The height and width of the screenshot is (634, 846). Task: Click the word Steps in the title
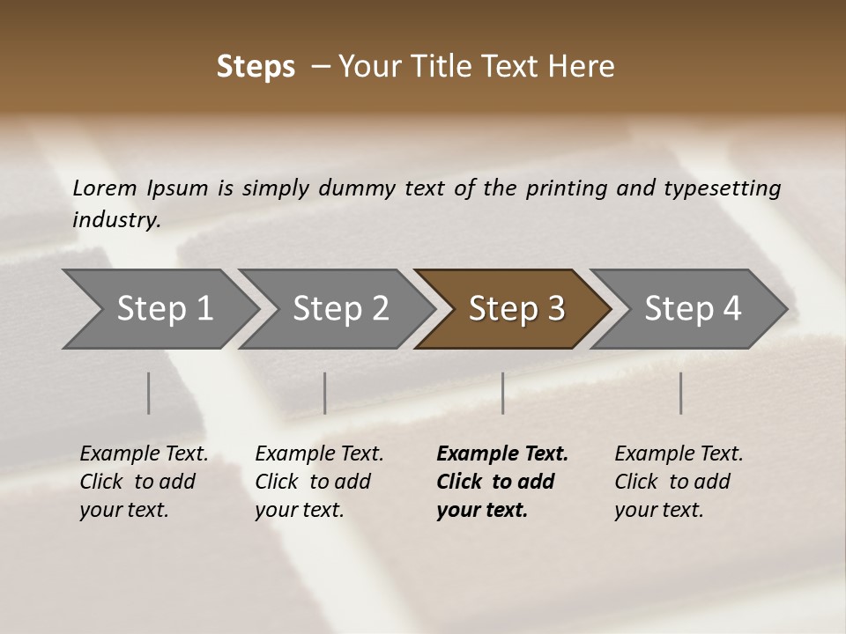256,67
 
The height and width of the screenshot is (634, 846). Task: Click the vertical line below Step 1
149,393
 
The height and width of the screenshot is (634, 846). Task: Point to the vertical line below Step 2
325,393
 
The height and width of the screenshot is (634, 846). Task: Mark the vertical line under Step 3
503,393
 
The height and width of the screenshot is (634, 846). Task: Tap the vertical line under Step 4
681,393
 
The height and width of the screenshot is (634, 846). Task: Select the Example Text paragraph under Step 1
144,482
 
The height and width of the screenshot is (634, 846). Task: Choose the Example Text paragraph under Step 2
319,482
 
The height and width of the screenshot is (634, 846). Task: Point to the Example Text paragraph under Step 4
679,482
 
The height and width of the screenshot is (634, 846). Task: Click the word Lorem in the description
105,188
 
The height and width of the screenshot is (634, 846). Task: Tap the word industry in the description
116,220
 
